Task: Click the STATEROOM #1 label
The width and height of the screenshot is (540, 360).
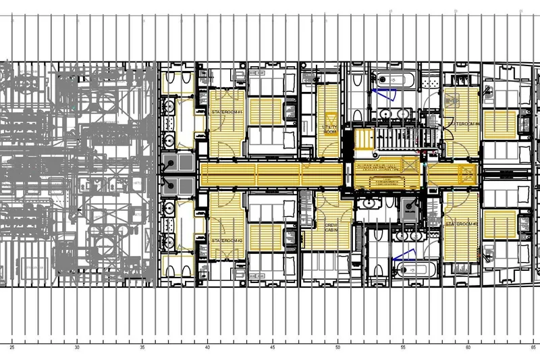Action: click(227, 111)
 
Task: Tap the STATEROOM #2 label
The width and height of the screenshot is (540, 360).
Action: click(227, 240)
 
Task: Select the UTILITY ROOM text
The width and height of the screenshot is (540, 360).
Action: click(330, 129)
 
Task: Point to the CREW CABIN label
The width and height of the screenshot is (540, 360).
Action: click(331, 228)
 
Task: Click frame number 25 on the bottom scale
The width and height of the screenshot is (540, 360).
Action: click(12, 349)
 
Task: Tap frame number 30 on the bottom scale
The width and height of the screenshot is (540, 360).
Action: click(78, 349)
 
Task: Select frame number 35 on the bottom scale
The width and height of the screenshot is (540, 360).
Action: click(142, 349)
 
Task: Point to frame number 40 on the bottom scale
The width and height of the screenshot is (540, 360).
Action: click(207, 349)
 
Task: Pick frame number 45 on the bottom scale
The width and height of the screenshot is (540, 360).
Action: click(273, 349)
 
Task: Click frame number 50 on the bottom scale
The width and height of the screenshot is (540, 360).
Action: click(337, 349)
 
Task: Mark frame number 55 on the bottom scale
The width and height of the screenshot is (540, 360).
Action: click(403, 349)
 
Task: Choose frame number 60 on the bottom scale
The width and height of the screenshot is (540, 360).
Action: click(468, 349)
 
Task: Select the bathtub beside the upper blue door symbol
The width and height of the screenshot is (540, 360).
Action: click(398, 80)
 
